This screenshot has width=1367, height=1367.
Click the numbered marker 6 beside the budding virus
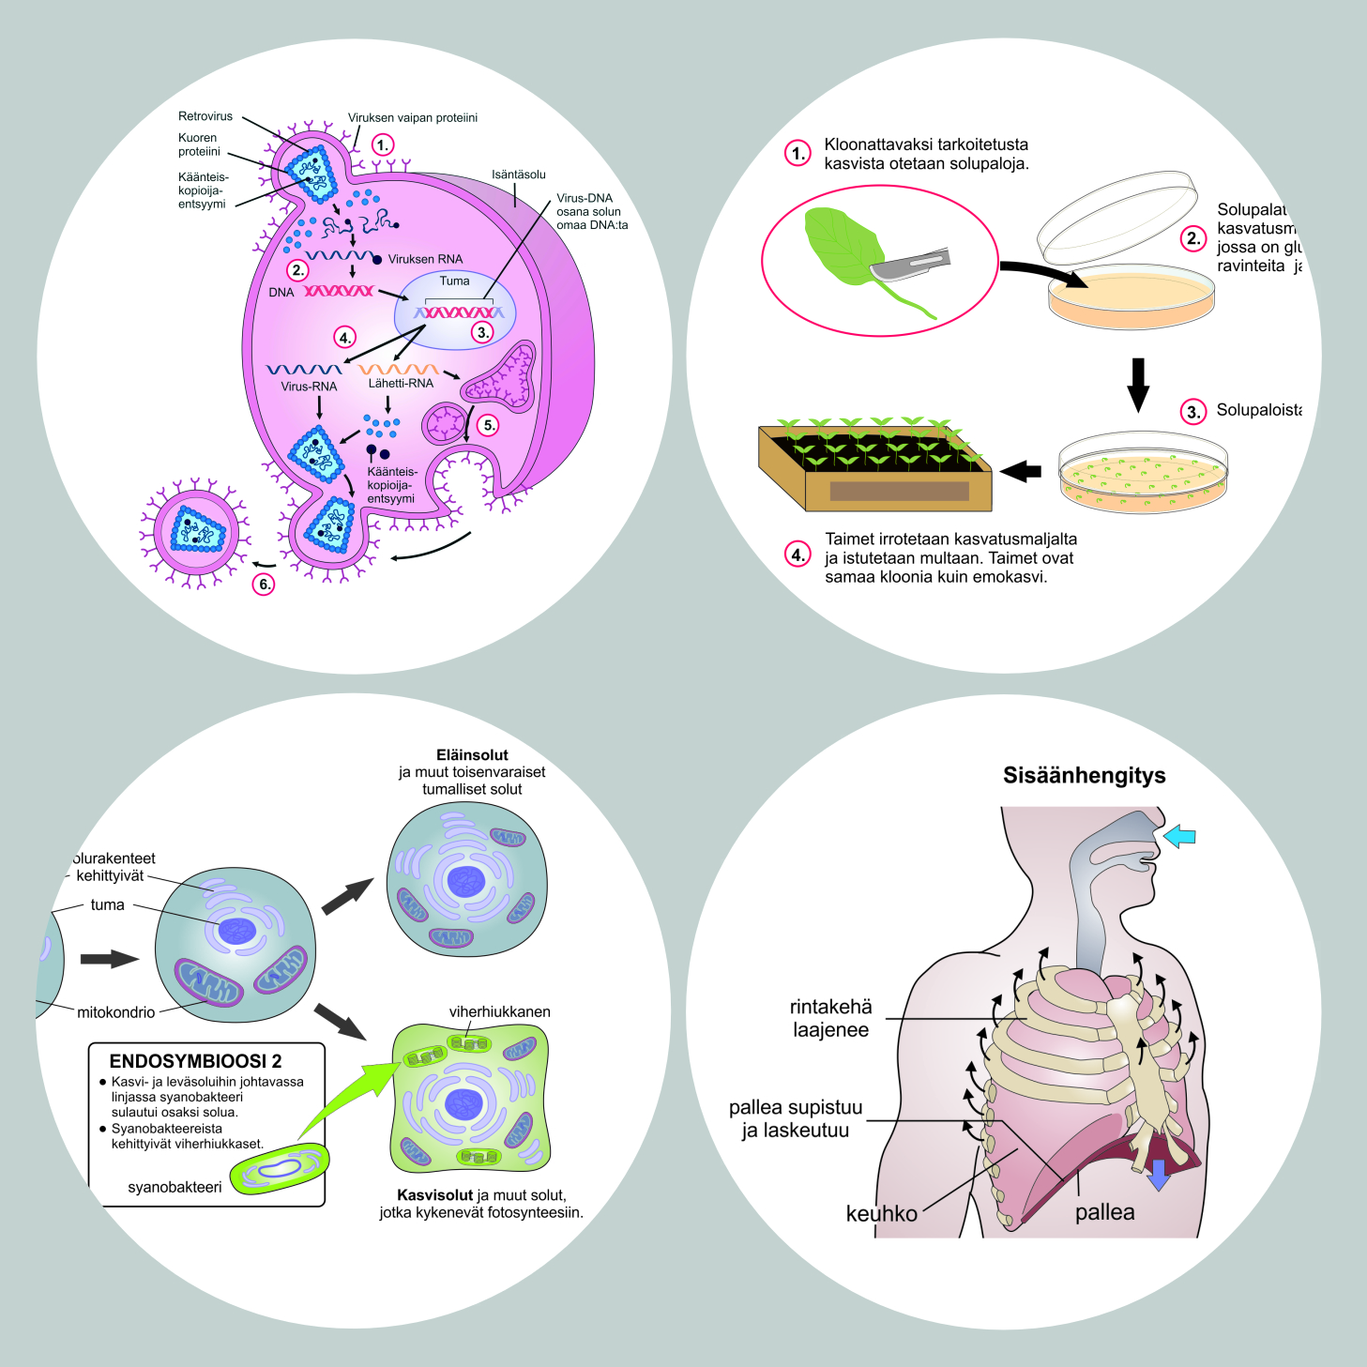(x=265, y=585)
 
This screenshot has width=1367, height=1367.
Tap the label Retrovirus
(x=205, y=116)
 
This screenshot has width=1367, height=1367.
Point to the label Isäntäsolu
(x=518, y=175)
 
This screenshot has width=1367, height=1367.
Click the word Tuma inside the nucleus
(x=454, y=281)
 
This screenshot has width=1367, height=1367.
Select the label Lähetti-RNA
(x=401, y=383)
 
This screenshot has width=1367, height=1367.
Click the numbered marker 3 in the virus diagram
(x=481, y=332)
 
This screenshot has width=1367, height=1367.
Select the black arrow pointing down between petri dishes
(x=1137, y=384)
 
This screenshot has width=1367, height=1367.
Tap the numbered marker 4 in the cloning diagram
(x=797, y=554)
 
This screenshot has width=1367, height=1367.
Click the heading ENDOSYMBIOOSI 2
(x=195, y=1061)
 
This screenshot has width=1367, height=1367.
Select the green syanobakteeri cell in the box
(x=280, y=1168)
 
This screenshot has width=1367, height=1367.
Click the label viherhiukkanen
(x=499, y=1011)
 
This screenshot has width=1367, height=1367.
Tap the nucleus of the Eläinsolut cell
(x=465, y=881)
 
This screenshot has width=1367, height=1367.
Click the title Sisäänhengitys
(x=1084, y=775)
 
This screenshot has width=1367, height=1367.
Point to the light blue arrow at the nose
(x=1179, y=835)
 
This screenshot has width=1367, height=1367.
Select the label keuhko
(x=881, y=1213)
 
